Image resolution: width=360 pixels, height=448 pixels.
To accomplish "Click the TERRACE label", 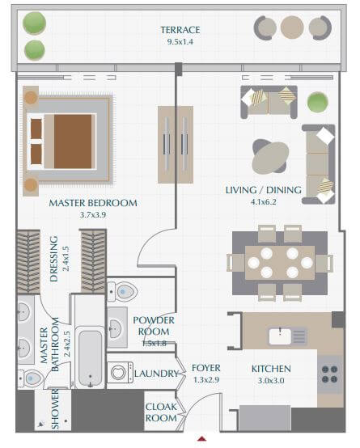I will (x=180, y=30).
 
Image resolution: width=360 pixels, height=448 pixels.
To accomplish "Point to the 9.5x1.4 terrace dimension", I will (x=180, y=41).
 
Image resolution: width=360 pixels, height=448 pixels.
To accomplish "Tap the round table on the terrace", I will (x=290, y=28).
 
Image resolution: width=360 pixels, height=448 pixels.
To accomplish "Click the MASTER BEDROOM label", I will (x=92, y=203).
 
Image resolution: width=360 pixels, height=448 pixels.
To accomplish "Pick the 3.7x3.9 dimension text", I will (x=92, y=215).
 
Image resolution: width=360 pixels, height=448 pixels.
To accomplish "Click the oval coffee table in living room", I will (x=270, y=158).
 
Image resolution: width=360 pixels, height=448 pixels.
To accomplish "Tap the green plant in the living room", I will (x=318, y=103).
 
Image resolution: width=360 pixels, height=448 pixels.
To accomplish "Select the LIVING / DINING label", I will (x=263, y=190).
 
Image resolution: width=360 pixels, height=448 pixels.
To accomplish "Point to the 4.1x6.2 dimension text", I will (x=263, y=202).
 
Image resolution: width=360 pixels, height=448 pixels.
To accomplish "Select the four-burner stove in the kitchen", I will (x=330, y=373).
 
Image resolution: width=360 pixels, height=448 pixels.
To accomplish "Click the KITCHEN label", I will (x=270, y=369).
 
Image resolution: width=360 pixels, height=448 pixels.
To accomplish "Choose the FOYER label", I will (x=206, y=369).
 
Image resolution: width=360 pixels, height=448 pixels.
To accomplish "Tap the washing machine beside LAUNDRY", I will (x=121, y=373).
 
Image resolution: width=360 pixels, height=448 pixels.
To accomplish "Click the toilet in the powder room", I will (x=122, y=292).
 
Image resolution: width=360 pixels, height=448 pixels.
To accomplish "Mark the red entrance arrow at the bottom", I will (x=203, y=439).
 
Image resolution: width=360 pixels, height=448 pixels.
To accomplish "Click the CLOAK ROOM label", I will (x=161, y=412).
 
